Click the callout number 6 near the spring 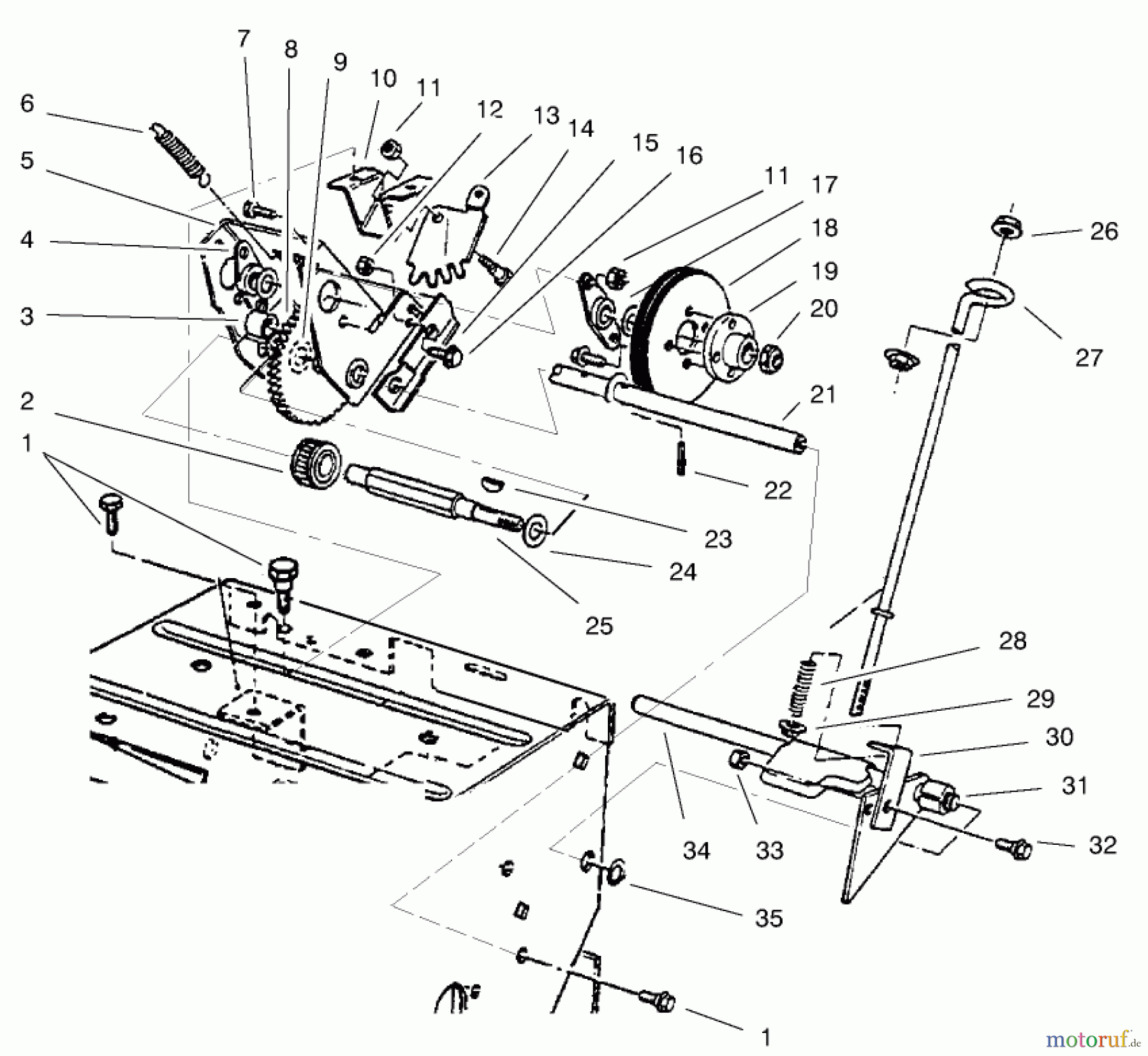point(26,103)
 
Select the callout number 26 point(1104,231)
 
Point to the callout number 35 point(769,918)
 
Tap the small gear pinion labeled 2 point(317,461)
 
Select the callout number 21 point(822,395)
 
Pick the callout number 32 point(1102,845)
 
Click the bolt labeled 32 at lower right point(1013,848)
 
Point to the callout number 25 point(599,626)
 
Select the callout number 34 point(696,851)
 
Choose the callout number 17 point(824,185)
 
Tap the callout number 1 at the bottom point(766,1037)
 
